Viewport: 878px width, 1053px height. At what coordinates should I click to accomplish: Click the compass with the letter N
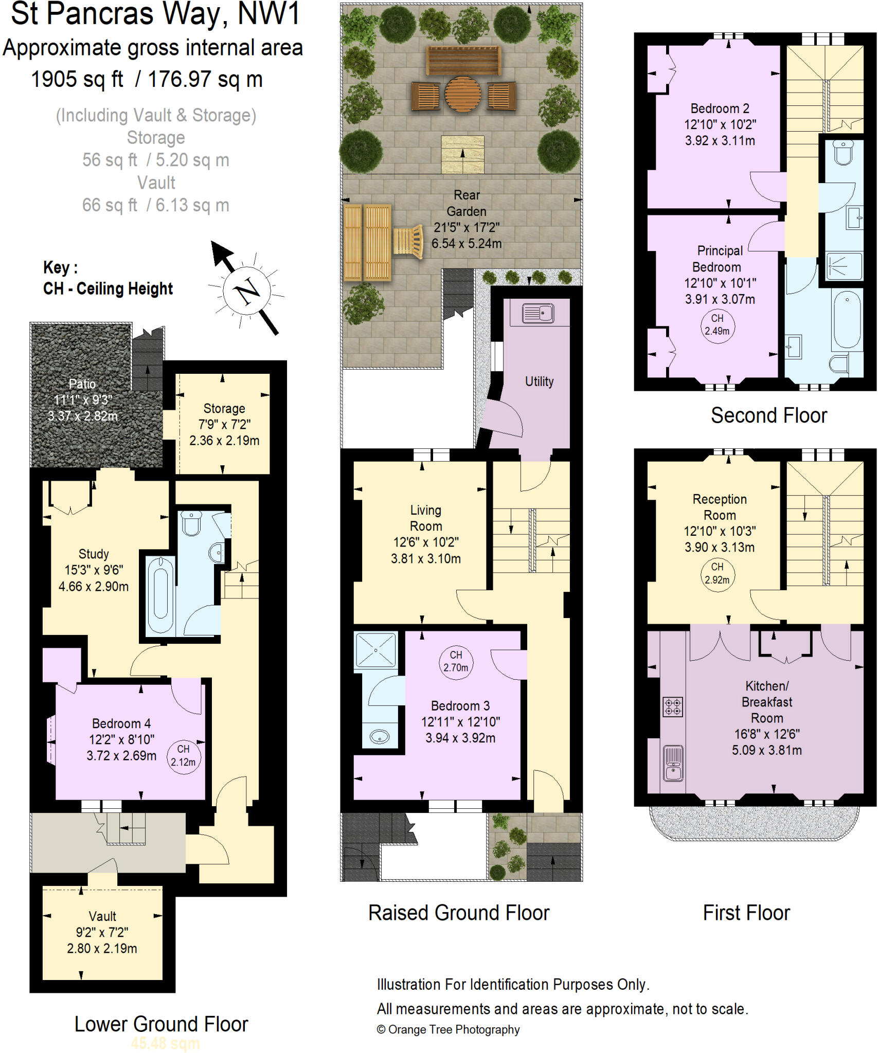pyautogui.click(x=247, y=291)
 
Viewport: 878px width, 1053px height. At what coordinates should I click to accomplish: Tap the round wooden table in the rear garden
pyautogui.click(x=462, y=95)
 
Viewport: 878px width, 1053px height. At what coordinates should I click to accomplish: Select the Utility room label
pyautogui.click(x=539, y=382)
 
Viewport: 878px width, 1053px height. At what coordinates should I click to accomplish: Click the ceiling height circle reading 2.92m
pyautogui.click(x=717, y=573)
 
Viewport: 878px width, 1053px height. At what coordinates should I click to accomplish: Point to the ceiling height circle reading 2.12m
pyautogui.click(x=183, y=755)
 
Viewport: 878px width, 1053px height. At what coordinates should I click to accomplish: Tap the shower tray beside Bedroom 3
pyautogui.click(x=376, y=651)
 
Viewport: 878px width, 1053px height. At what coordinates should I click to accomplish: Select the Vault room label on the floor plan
pyautogui.click(x=102, y=916)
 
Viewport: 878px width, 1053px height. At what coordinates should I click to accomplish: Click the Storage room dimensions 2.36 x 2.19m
pyautogui.click(x=224, y=441)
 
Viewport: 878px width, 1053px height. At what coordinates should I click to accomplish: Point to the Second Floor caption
pyautogui.click(x=768, y=415)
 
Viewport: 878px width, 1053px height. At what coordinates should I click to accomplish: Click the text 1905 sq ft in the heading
pyautogui.click(x=77, y=80)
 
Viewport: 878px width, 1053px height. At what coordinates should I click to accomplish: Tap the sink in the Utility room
pyautogui.click(x=537, y=313)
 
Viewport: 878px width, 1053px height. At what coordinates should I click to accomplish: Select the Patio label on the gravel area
pyautogui.click(x=82, y=384)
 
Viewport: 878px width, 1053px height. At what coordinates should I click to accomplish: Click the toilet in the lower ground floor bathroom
pyautogui.click(x=192, y=523)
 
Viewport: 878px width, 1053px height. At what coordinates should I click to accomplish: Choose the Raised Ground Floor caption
pyautogui.click(x=459, y=913)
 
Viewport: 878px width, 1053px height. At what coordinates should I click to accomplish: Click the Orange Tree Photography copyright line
pyautogui.click(x=448, y=1029)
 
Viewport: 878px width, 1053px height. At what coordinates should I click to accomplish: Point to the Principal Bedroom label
pyautogui.click(x=719, y=259)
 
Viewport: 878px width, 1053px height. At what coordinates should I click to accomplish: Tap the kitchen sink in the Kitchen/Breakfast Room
pyautogui.click(x=673, y=762)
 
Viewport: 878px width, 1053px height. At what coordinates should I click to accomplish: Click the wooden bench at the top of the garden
pyautogui.click(x=463, y=60)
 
